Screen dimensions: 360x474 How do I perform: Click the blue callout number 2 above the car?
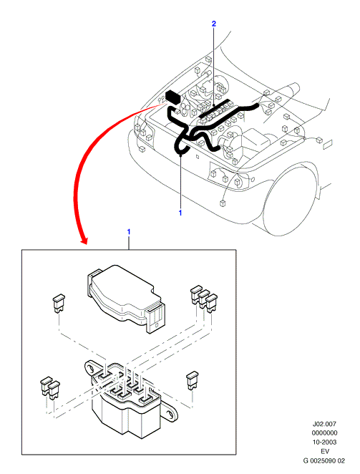pos(214,24)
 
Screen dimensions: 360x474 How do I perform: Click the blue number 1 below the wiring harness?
pos(180,213)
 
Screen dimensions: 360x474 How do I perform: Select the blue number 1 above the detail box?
pos(129,232)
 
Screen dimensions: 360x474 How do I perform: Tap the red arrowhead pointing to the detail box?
pos(84,241)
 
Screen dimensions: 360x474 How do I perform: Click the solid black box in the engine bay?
pos(173,97)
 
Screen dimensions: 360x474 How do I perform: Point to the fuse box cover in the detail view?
pos(127,299)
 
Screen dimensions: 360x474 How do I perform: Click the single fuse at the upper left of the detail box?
pos(59,303)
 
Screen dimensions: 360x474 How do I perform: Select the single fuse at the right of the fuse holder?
pos(193,379)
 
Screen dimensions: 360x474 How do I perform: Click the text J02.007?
pos(324,424)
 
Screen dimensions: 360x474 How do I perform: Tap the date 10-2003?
pos(324,442)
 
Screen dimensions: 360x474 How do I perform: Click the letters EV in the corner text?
pos(324,451)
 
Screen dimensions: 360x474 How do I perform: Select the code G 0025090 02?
pos(324,460)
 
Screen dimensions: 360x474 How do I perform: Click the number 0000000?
pos(324,433)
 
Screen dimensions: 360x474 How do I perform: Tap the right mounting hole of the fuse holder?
pos(171,414)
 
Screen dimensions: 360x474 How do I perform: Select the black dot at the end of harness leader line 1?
pos(180,155)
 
